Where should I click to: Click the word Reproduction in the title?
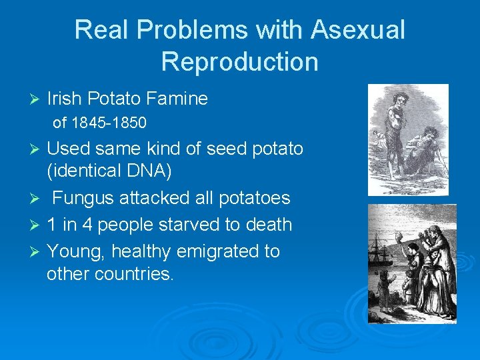coord(240,61)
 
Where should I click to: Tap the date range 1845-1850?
coord(109,123)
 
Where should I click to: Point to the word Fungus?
coord(79,198)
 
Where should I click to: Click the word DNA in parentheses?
coord(148,171)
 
